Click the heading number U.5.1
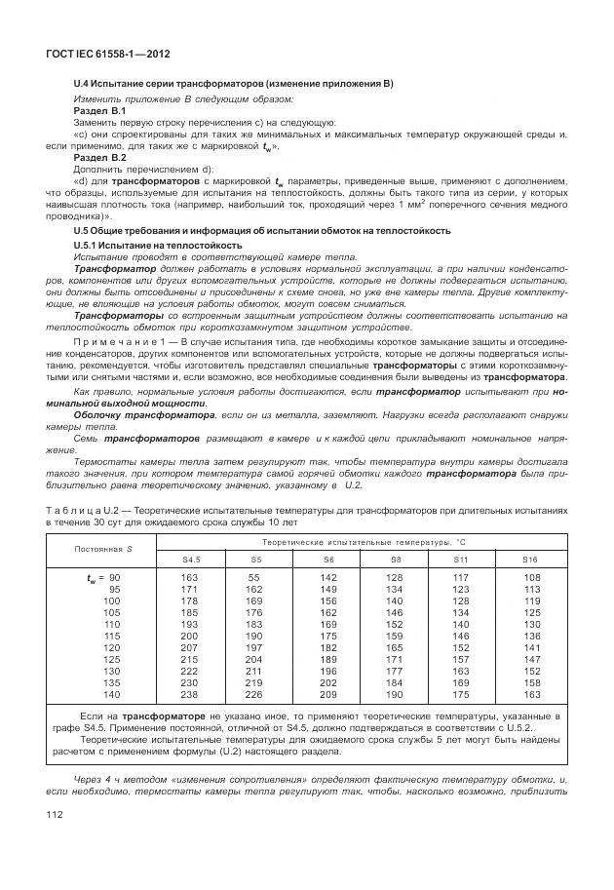click(91, 246)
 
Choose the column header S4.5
click(193, 560)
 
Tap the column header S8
click(395, 560)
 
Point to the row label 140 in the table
click(112, 694)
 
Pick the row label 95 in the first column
click(114, 589)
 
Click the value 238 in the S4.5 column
click(189, 694)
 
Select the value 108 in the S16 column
click(532, 578)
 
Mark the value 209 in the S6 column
click(328, 694)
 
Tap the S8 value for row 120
click(395, 647)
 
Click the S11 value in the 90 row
click(461, 578)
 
